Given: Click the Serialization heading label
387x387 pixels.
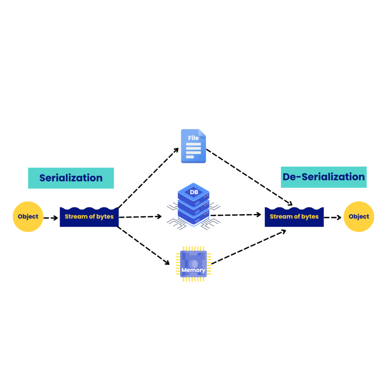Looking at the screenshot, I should [x=71, y=178].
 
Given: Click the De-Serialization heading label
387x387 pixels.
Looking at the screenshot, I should [x=324, y=177].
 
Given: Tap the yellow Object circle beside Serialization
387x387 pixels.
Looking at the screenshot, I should [x=28, y=217].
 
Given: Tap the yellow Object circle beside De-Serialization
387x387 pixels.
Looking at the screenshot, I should [x=359, y=217].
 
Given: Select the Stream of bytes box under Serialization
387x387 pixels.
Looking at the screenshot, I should [x=89, y=217].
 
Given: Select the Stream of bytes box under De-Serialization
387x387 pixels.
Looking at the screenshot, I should [x=294, y=217].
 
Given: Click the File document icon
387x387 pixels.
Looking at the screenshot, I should [x=193, y=146].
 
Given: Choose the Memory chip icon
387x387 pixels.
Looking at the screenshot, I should [x=193, y=263].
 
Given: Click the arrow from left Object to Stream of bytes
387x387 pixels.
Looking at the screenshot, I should [x=51, y=218].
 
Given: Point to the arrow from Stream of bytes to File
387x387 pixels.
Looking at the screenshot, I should [x=148, y=178].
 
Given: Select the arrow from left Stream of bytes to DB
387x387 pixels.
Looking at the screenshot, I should [x=140, y=217].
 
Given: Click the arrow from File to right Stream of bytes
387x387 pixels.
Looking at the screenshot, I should [x=249, y=177].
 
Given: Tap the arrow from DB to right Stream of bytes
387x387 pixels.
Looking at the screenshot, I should [x=236, y=215].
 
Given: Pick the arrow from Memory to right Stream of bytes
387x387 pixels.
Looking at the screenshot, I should [x=248, y=247].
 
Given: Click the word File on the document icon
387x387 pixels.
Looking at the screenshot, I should [x=193, y=138].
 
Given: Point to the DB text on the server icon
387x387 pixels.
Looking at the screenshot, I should [x=193, y=192].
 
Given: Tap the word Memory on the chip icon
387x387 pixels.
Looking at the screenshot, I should [x=193, y=270].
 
